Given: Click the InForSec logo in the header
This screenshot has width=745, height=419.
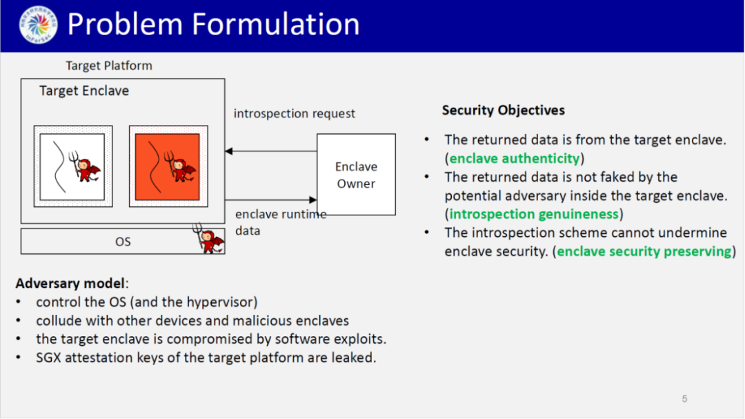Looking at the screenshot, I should (x=38, y=26).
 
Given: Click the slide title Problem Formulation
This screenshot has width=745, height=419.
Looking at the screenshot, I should (x=213, y=25).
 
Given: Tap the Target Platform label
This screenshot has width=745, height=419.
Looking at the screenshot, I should (x=109, y=66).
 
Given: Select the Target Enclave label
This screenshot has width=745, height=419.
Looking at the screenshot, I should (x=84, y=91).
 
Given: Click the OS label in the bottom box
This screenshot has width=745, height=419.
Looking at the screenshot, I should (x=123, y=242).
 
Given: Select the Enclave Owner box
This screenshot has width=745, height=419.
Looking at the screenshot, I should (x=356, y=175).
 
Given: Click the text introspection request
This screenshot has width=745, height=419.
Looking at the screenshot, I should (x=295, y=114).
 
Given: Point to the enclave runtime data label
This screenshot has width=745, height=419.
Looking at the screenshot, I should (x=280, y=222).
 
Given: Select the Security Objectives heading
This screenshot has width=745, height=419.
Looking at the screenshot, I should (x=504, y=110).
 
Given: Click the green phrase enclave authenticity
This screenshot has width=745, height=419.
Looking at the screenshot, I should (x=514, y=159).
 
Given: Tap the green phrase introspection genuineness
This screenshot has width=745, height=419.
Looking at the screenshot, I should (x=534, y=214).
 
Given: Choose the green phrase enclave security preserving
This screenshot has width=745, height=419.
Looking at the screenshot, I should (x=644, y=251).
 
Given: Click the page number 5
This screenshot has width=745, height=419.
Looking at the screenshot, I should (x=684, y=398).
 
